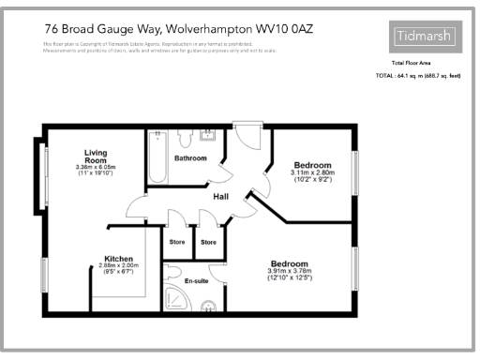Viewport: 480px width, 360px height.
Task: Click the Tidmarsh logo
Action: point(424,37)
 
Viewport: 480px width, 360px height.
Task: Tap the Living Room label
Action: point(97,157)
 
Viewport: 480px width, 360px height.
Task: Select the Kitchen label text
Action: point(118,258)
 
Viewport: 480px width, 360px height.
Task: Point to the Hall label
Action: point(221,196)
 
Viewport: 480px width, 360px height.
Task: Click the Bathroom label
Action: point(189,157)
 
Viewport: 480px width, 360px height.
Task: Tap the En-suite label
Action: point(195,280)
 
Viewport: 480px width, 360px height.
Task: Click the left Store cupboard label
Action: point(176,243)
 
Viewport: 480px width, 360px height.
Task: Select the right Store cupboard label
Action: point(208,243)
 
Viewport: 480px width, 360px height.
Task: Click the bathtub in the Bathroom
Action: point(157,159)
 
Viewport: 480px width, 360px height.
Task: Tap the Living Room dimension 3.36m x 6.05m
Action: point(97,169)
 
